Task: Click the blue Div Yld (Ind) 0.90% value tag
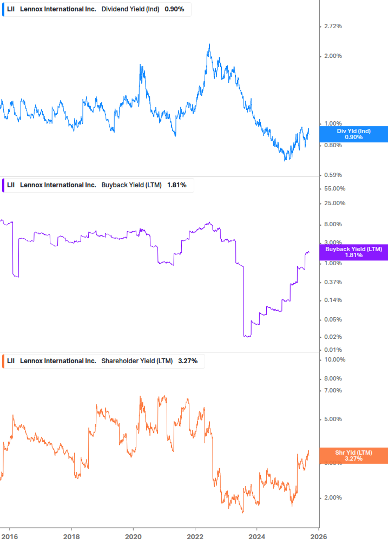[x=353, y=134]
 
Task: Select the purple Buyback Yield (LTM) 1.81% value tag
[x=353, y=252]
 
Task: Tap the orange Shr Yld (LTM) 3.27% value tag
[x=353, y=456]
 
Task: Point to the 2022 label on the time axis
[x=195, y=537]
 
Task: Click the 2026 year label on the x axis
[x=318, y=537]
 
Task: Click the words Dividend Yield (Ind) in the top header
[x=130, y=9]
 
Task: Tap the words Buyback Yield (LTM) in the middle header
[x=131, y=185]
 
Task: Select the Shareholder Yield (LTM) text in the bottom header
[x=137, y=361]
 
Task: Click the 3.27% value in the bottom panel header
[x=188, y=361]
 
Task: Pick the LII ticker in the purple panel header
[x=11, y=185]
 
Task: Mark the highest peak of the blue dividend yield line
[x=209, y=44]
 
